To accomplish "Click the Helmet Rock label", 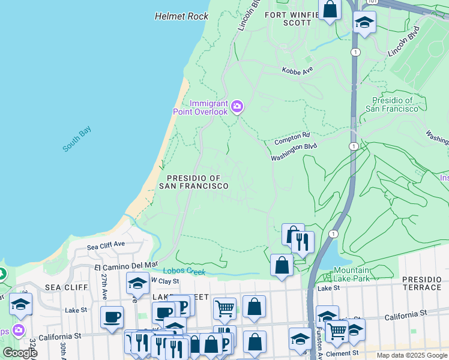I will pos(181,16).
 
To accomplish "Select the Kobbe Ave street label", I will pos(298,71).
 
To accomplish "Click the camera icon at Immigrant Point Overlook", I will pos(238,107).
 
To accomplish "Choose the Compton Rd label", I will pos(292,139).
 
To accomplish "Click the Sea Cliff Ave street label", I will pos(106,246).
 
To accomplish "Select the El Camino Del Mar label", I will pos(126,264).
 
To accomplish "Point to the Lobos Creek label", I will pos(187,272).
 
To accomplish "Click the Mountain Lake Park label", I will pos(352,274).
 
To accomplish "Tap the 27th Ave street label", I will pos(104,286).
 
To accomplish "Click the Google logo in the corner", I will pos(20,352).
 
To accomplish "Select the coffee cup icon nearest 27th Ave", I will pos(112,317).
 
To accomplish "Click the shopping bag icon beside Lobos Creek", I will pos(282,265).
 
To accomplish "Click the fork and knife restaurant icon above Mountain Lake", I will pos(303,242).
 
